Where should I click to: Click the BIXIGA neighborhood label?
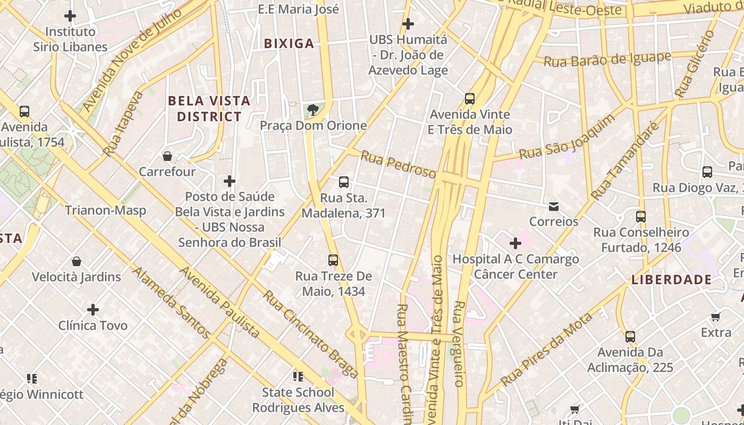click(289, 44)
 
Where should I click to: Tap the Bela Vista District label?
click(209, 108)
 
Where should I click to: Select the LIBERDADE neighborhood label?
click(672, 279)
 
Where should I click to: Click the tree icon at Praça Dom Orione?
click(313, 110)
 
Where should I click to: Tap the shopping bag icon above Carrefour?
click(167, 156)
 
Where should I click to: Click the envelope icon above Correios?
click(554, 206)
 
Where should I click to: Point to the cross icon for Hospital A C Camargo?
click(515, 243)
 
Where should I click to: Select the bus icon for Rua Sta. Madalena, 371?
click(344, 182)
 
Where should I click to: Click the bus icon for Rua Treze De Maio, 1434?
click(333, 260)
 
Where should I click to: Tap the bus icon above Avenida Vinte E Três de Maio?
click(470, 98)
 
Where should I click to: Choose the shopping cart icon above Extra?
click(716, 317)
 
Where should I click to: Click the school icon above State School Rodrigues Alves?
click(298, 377)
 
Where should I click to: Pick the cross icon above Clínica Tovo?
click(93, 309)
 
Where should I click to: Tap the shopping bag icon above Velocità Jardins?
click(77, 261)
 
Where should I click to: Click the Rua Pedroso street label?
click(398, 164)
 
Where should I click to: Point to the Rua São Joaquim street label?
click(567, 137)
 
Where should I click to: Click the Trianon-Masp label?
click(105, 210)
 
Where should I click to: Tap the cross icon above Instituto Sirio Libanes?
click(70, 16)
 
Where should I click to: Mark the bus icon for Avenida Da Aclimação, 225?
click(630, 337)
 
